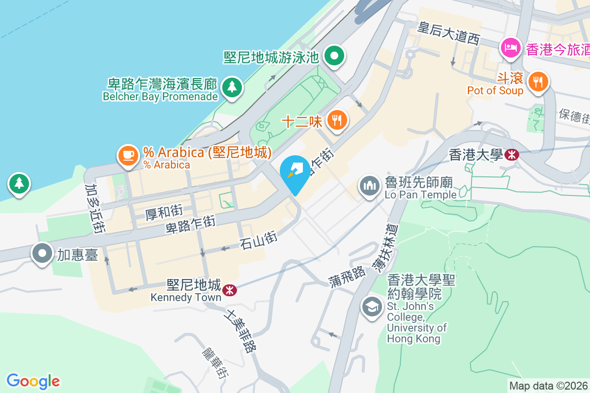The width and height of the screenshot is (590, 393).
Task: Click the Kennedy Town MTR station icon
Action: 229,290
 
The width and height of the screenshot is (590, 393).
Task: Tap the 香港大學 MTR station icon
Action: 512,155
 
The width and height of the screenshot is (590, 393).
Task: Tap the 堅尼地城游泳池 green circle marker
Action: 335,56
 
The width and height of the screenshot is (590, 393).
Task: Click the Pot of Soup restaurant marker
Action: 538,82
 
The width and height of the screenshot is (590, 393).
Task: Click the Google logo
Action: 33,381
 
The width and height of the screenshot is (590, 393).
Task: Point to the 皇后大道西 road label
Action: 448,33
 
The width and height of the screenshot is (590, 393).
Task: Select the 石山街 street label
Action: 259,240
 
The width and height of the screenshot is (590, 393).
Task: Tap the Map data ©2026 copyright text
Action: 548,386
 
